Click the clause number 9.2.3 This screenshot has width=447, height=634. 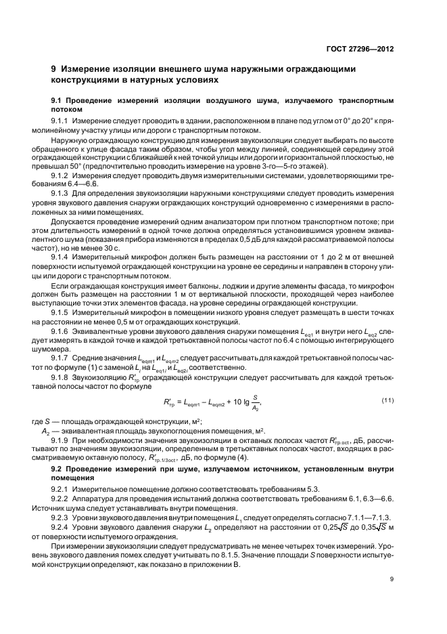(x=74, y=517)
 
